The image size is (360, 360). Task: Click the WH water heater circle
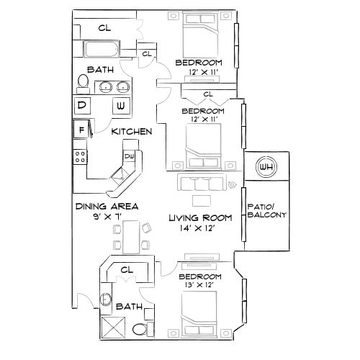[x=267, y=167]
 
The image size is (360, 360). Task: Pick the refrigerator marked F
[x=81, y=131]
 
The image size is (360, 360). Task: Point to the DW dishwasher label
[x=130, y=156]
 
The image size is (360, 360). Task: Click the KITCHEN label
[x=131, y=132]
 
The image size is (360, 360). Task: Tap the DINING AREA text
[x=107, y=207]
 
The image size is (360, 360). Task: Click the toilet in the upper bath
[x=83, y=84]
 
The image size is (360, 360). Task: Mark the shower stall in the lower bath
[x=113, y=329]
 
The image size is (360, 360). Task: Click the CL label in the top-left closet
[x=104, y=28]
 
